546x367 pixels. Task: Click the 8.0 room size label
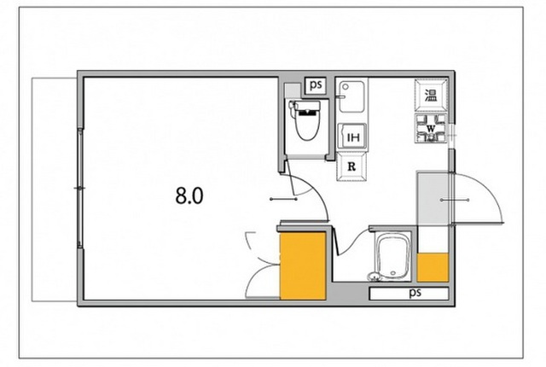coord(189,195)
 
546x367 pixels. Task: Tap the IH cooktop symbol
coord(351,137)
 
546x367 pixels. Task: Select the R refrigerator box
coord(351,166)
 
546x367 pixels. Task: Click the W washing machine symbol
coord(432,130)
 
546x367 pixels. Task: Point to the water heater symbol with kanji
coord(431,94)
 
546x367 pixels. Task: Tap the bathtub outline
coord(393,258)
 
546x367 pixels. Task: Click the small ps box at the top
coord(316,84)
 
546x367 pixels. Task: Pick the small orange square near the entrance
coord(433,268)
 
